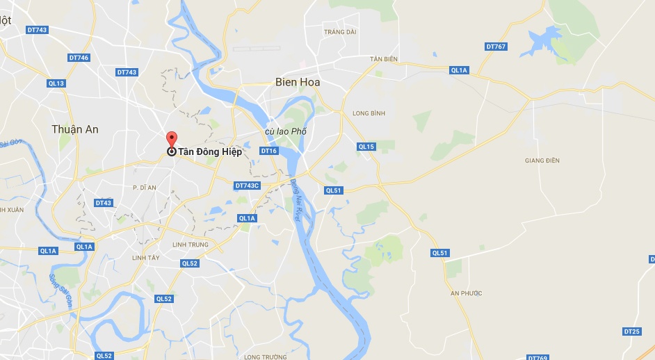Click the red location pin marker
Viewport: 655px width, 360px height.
[x=171, y=139]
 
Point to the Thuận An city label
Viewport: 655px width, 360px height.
[x=75, y=129]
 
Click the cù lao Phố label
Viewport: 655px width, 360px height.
[x=285, y=132]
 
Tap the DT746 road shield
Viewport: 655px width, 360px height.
[x=79, y=57]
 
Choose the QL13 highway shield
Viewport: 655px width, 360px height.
[x=56, y=83]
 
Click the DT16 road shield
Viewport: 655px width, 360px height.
[x=269, y=151]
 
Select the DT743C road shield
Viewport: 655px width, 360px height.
[x=247, y=186]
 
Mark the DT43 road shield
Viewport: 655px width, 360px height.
[x=103, y=203]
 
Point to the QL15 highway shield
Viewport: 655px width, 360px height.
[x=366, y=147]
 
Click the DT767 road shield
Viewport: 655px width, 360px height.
[x=496, y=47]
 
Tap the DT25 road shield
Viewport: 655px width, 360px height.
[x=631, y=332]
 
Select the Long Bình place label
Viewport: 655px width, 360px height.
[x=369, y=113]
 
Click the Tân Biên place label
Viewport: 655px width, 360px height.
[x=384, y=59]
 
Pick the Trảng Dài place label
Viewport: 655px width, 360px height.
[x=340, y=32]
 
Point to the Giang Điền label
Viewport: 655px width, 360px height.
[x=542, y=161]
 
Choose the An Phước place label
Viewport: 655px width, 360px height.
[x=466, y=293]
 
